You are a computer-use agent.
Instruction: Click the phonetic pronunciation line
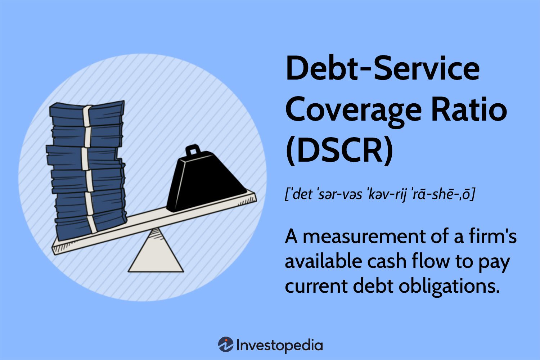380,195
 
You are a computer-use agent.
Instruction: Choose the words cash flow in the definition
408,261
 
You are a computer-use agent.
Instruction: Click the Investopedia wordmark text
279,345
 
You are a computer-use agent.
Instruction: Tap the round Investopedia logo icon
225,345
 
